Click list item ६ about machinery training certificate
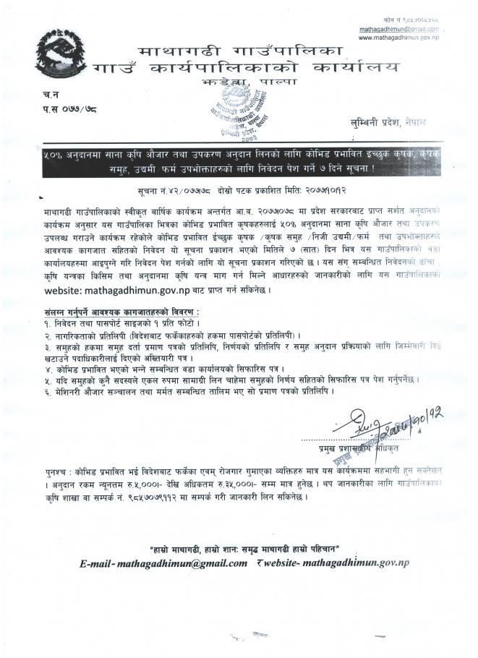(188, 390)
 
